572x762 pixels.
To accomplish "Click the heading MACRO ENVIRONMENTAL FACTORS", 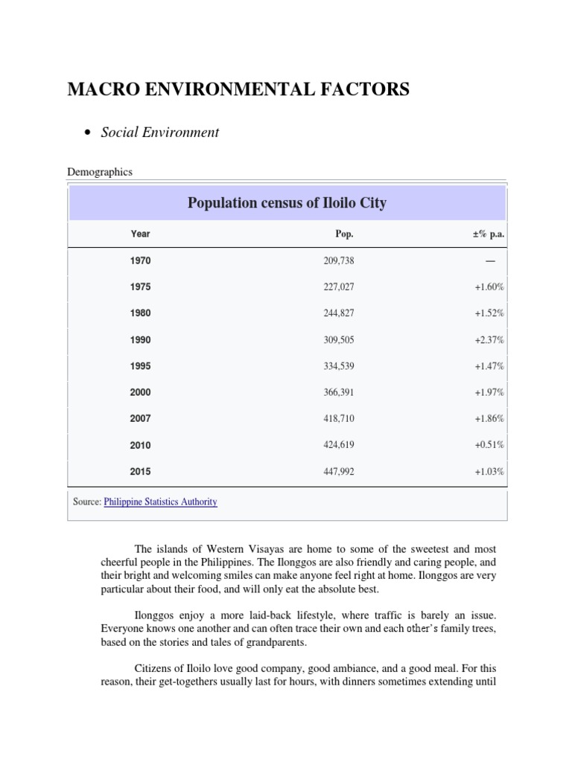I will (238, 90).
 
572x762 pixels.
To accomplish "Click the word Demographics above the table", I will (100, 172).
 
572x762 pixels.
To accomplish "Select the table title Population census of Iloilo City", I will (287, 202).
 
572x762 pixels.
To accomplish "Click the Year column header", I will (140, 234).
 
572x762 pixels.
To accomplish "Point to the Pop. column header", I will (344, 234).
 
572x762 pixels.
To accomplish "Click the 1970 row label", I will (140, 261).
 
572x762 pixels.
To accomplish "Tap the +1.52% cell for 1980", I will (489, 313).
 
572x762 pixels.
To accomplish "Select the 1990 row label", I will (140, 340).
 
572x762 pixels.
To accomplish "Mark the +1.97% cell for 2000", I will (489, 392).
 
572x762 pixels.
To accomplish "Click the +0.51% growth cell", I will (489, 445).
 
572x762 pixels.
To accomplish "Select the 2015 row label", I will (140, 472).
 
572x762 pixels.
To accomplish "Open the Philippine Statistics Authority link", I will (160, 502).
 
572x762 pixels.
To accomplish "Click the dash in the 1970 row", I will (490, 261).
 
